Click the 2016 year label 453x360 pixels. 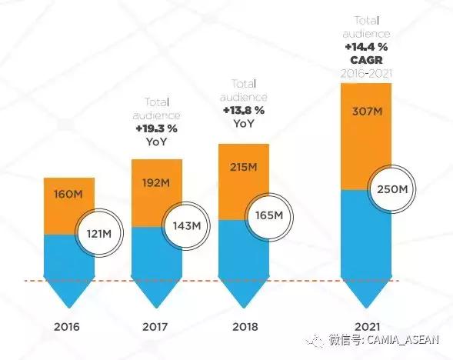point(67,326)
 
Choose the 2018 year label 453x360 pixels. point(245,326)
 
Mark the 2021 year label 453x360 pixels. point(367,326)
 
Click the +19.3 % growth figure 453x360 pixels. point(158,128)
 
